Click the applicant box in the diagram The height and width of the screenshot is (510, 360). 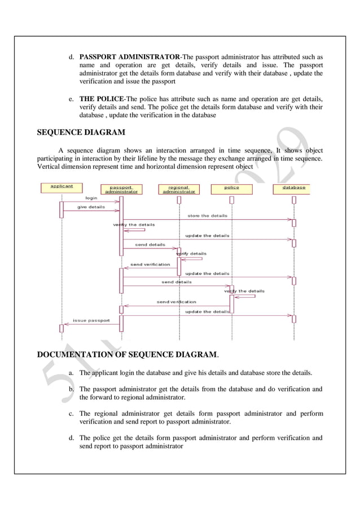(62, 186)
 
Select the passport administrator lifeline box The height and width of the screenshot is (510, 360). (121, 189)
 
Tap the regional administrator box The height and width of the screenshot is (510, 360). (179, 189)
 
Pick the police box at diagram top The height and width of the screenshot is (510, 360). (232, 187)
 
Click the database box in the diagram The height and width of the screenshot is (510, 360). (293, 187)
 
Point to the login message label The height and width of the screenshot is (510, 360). (91, 198)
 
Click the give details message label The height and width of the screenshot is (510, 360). (91, 207)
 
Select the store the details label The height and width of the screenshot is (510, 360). (207, 216)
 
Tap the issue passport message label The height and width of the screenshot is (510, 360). (91, 320)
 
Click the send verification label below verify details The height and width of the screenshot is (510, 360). (150, 264)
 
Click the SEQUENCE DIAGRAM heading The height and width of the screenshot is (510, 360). (81, 133)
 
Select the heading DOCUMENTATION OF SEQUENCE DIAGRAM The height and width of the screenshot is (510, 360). (128, 355)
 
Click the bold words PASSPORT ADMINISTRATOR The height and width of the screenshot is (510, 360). (129, 57)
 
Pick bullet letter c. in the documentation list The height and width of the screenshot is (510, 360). (71, 413)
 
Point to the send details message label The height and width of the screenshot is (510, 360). (150, 245)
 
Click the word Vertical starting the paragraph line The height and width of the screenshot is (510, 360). (49, 167)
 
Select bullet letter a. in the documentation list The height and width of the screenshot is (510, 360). (71, 373)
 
